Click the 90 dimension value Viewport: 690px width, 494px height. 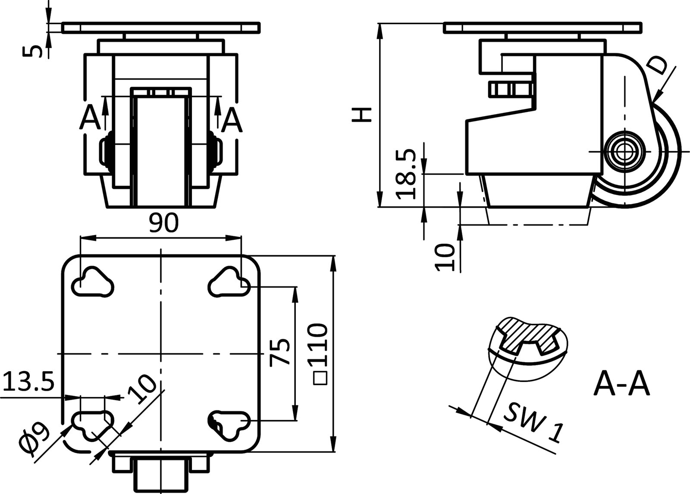coord(163,224)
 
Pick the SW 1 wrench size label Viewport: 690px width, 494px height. coord(533,423)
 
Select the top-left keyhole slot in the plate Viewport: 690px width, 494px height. coord(92,283)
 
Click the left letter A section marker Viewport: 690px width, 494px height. coord(90,118)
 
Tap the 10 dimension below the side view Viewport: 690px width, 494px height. coord(445,257)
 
